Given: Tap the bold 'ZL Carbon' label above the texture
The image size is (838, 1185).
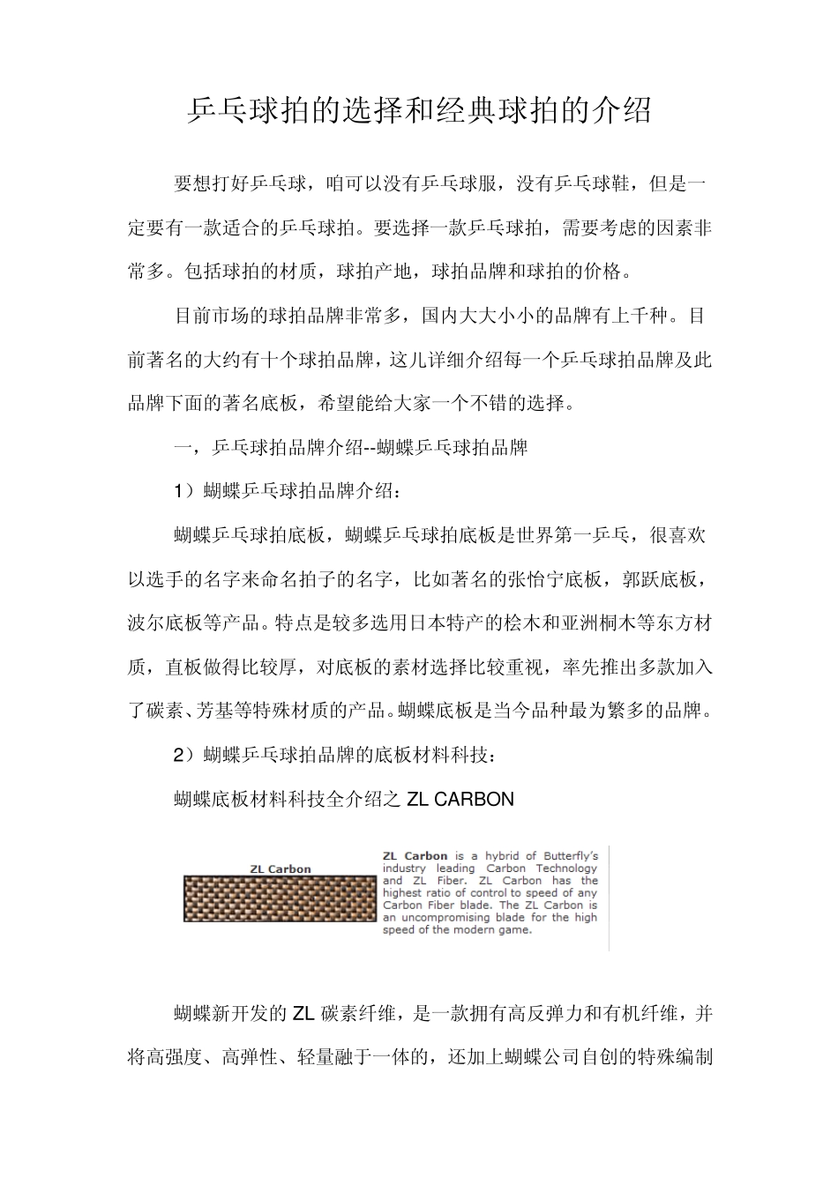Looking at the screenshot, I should pos(281,868).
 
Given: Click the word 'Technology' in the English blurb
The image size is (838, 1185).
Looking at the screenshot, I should pos(567,868).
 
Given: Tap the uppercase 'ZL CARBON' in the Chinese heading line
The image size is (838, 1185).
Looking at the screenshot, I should pos(460,800).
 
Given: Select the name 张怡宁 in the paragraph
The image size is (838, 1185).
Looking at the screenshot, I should pos(535,579).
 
